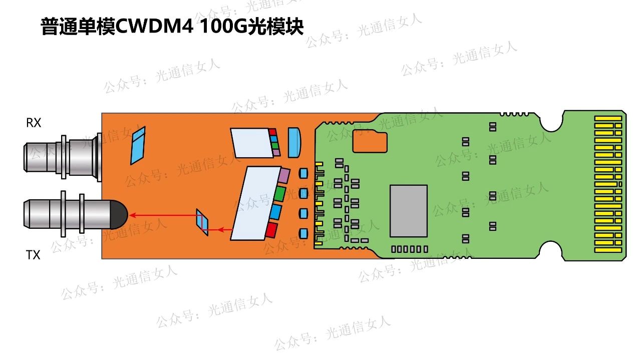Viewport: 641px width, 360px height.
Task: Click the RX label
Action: [34, 123]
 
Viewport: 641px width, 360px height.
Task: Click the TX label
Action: [33, 255]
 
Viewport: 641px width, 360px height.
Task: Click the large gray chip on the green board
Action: [409, 211]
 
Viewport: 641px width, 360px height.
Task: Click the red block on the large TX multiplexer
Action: [271, 230]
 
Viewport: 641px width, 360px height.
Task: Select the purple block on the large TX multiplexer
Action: [283, 176]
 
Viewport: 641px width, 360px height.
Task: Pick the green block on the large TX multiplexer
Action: [279, 194]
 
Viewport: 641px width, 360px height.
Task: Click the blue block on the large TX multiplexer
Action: [275, 212]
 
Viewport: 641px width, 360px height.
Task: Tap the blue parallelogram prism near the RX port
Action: [138, 145]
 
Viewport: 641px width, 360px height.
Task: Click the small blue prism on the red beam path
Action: [202, 222]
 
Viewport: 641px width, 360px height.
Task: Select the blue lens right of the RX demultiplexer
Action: [295, 142]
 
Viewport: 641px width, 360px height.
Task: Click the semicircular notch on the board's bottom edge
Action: [550, 250]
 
